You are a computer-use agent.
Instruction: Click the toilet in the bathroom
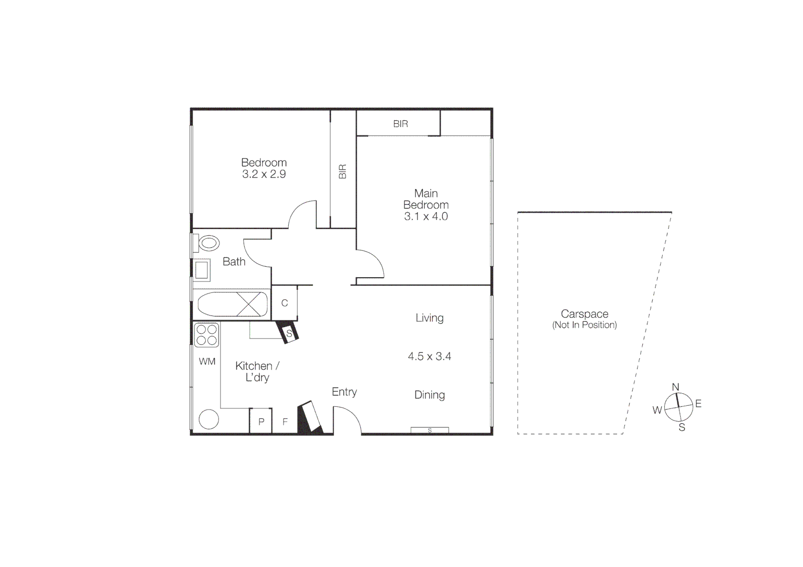tap(208, 244)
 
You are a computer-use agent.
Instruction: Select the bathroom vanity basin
tap(202, 270)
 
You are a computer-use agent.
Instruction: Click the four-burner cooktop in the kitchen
tap(206, 335)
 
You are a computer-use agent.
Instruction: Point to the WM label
tap(207, 361)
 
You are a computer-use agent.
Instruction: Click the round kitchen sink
tap(208, 419)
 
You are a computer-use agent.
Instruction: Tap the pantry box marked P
tap(261, 422)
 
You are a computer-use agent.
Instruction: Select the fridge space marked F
tap(285, 422)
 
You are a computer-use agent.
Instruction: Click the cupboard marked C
tap(285, 303)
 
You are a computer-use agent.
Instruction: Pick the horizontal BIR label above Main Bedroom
tap(400, 124)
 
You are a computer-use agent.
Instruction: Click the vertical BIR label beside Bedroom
tap(343, 172)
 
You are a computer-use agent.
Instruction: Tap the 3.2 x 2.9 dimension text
tap(264, 174)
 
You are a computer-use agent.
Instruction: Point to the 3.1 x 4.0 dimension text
tap(426, 216)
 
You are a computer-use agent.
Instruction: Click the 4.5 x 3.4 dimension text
tap(430, 356)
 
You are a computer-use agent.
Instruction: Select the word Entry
tap(344, 392)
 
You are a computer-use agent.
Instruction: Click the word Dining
tap(430, 395)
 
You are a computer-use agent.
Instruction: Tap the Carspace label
tap(585, 314)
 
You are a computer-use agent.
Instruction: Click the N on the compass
tap(675, 387)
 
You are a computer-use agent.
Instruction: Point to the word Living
tap(430, 318)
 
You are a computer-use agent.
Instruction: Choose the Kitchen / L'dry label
tap(257, 371)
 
